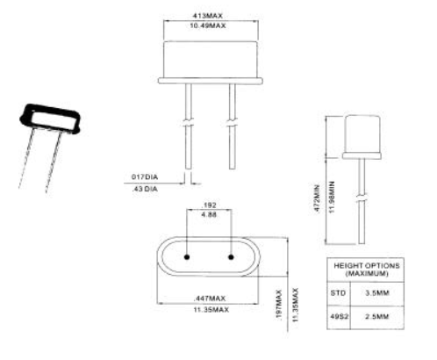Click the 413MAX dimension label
coord(207,15)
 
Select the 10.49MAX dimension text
coord(208,25)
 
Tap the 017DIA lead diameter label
coord(145,176)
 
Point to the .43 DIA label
coord(145,189)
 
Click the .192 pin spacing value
coord(209,205)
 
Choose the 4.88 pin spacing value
coord(209,215)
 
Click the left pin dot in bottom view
coord(187,257)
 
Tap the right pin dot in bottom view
coord(231,257)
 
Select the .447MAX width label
coord(210,299)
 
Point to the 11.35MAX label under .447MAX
coord(211,310)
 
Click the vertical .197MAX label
coord(279,305)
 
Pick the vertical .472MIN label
coord(317,198)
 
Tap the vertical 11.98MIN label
coord(332,198)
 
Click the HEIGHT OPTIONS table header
coord(367,270)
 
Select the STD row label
coord(338,293)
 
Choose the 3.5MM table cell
coord(377,293)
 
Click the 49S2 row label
coord(340,317)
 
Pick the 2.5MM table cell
coord(377,317)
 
